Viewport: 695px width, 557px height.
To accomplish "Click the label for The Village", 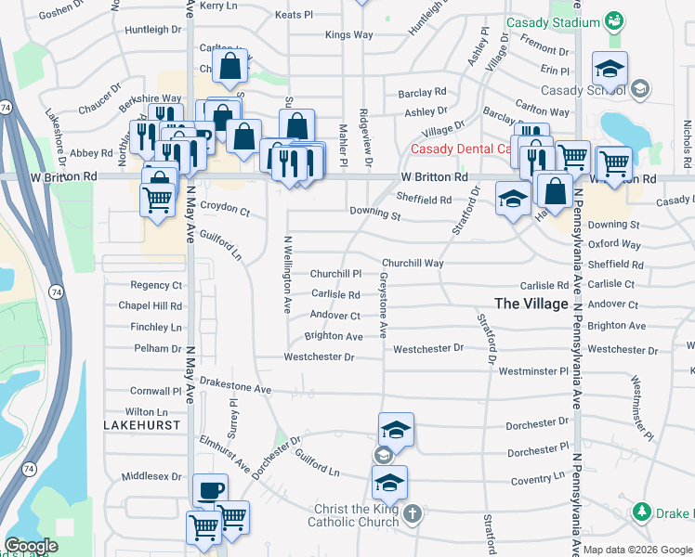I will (531, 304).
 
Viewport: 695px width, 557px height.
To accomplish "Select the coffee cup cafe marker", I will (209, 490).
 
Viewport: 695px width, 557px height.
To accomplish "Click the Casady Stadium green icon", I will (613, 21).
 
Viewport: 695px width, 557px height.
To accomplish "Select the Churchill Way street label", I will (413, 263).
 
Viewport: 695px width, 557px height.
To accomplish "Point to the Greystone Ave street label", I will (383, 304).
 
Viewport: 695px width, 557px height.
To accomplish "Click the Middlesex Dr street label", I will (151, 476).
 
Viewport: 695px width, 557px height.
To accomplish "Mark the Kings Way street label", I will (348, 35).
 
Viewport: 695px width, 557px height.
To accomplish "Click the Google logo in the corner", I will (31, 546).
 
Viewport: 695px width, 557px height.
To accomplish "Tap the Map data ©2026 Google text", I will (637, 550).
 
